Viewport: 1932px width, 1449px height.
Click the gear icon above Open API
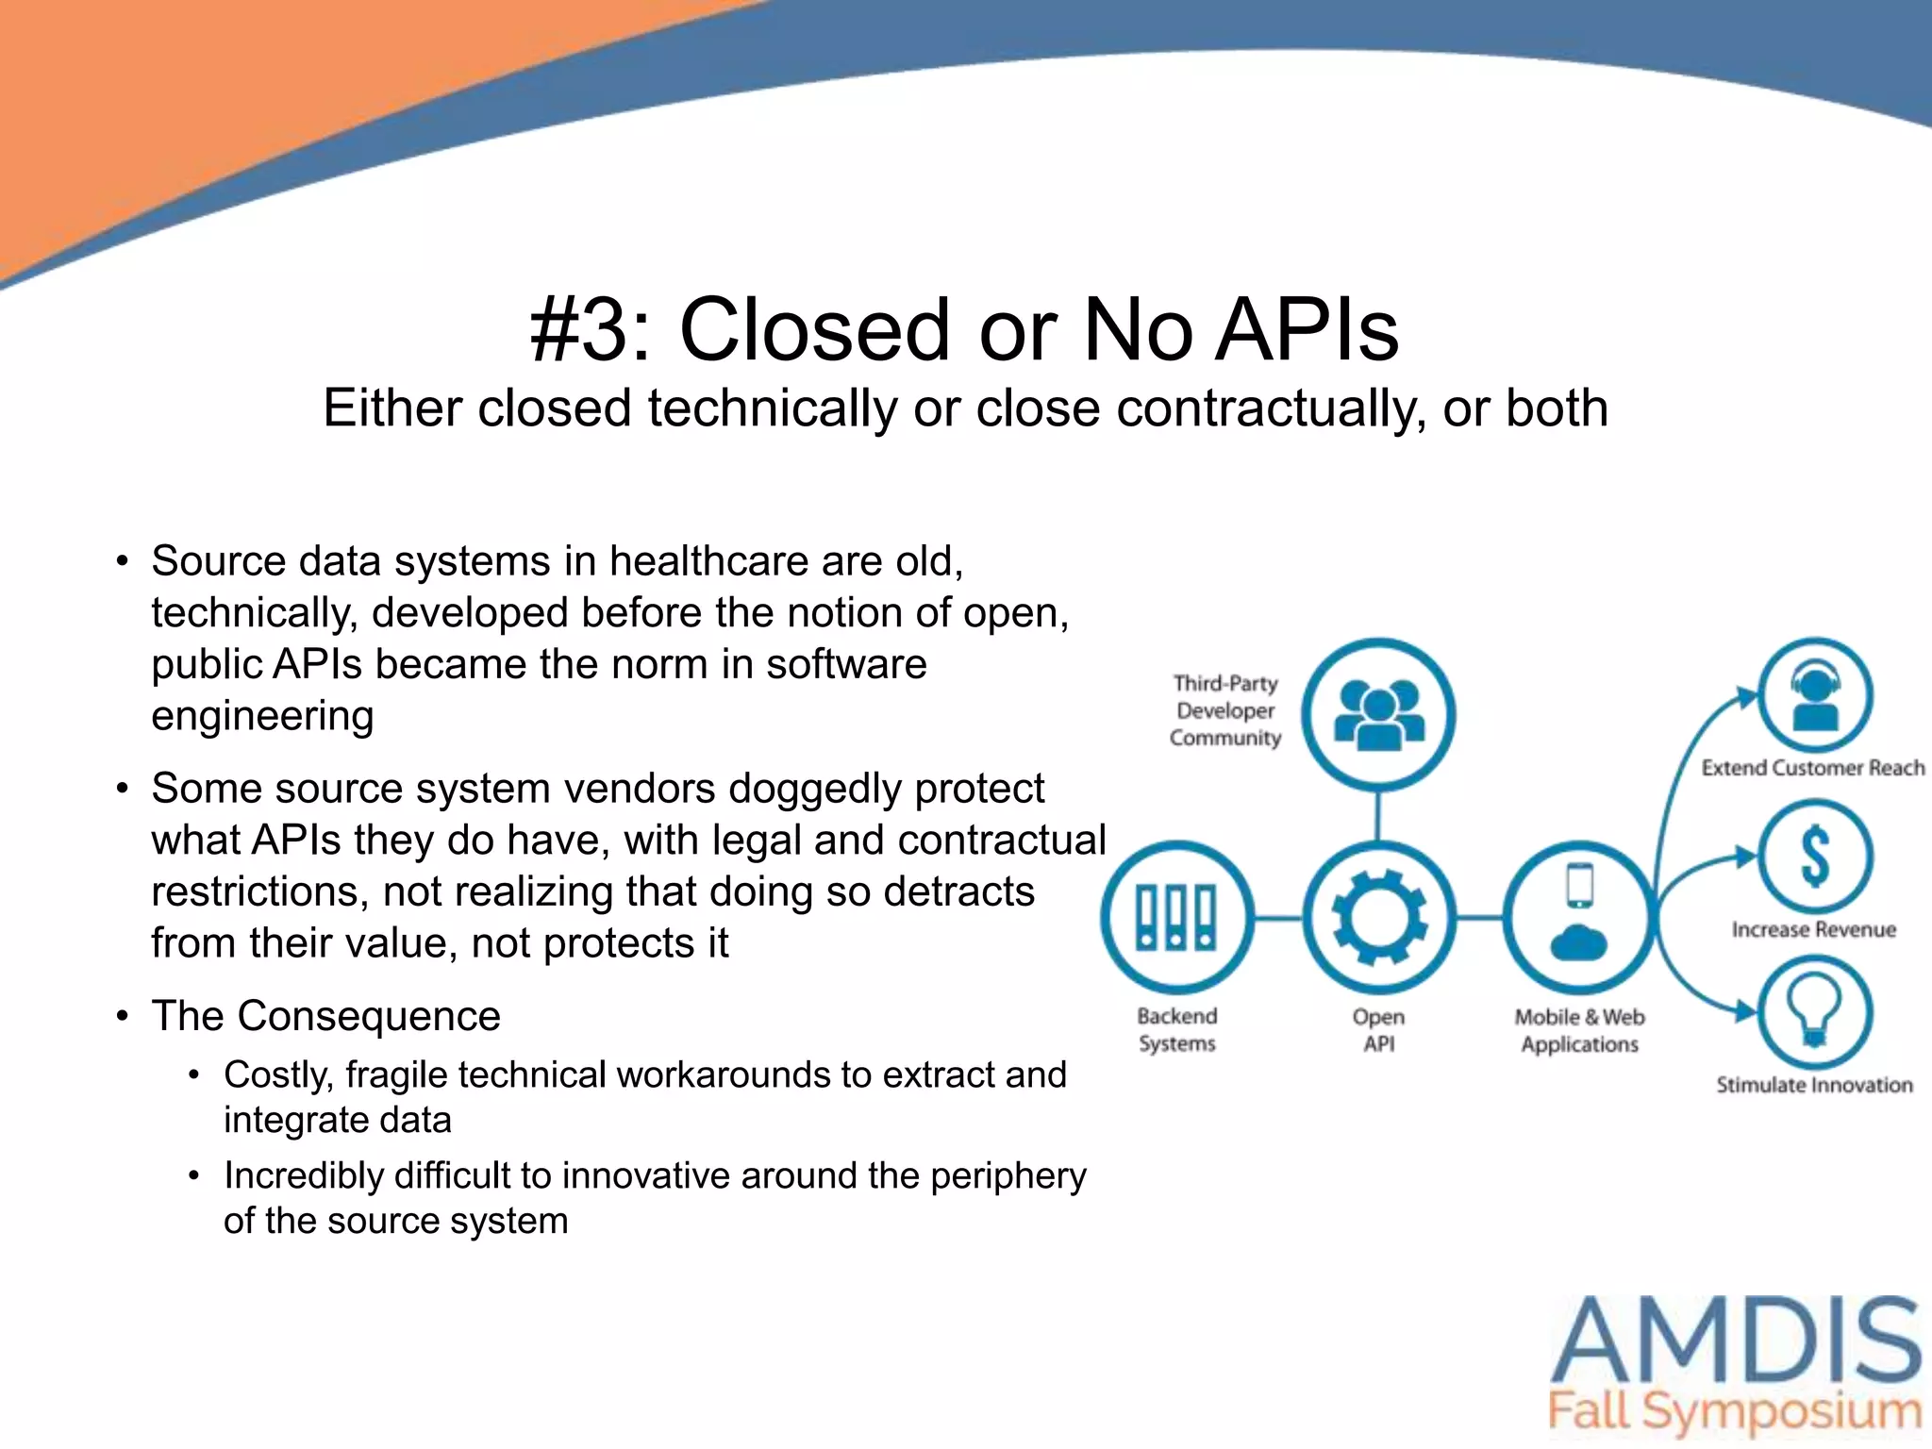point(1378,916)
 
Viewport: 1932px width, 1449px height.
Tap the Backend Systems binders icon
point(1176,916)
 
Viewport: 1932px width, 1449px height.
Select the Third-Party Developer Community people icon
point(1378,714)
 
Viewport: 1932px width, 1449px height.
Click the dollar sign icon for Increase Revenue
point(1815,857)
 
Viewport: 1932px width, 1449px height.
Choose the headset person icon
point(1815,696)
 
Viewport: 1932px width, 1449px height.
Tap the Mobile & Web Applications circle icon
point(1579,916)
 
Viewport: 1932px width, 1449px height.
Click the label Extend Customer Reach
point(1812,768)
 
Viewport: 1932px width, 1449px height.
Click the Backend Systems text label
point(1176,1029)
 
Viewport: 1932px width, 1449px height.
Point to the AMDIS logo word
point(1736,1340)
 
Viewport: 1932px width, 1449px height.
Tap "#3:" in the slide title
point(591,329)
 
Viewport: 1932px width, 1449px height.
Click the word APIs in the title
point(1307,329)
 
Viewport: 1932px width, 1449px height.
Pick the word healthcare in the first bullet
point(710,561)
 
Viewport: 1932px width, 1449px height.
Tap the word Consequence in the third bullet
point(369,1016)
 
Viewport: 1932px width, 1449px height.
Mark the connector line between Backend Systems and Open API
point(1277,917)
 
